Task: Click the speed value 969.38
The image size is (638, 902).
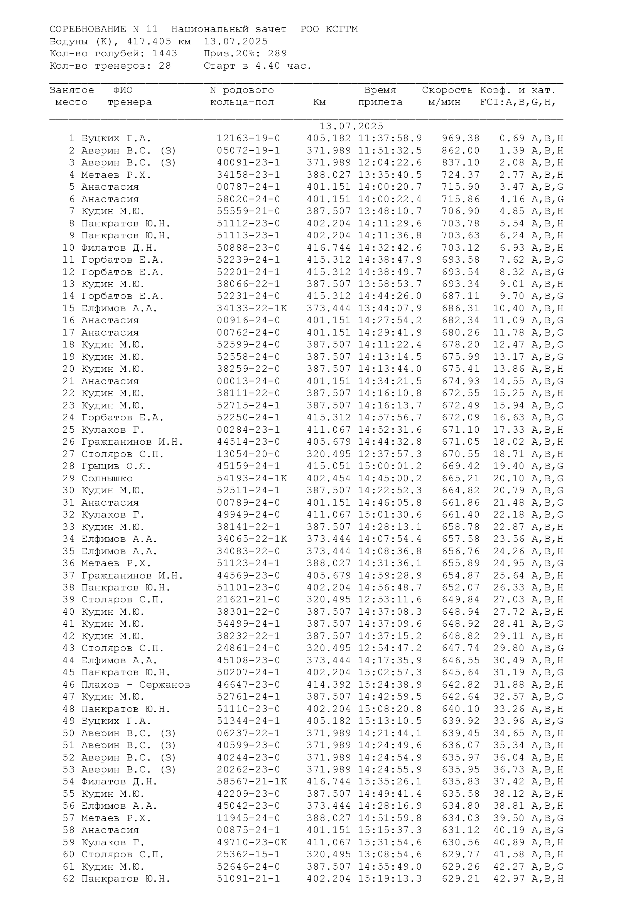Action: coord(461,138)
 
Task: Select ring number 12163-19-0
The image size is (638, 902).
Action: coord(248,138)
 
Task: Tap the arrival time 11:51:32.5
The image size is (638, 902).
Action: coord(390,150)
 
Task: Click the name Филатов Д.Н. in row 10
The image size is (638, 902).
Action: coord(119,248)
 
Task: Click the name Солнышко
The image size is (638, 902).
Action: coord(107,479)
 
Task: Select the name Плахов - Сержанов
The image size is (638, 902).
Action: coord(135,685)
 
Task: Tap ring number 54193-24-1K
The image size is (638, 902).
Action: coord(251,479)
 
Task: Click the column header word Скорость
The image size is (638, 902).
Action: coord(447,90)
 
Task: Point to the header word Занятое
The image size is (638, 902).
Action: coord(72,90)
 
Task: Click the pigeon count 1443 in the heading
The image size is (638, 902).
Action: coord(165,54)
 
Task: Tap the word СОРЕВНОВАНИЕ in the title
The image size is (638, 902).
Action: coord(88,29)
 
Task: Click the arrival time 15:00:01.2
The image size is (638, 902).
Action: coord(390,466)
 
